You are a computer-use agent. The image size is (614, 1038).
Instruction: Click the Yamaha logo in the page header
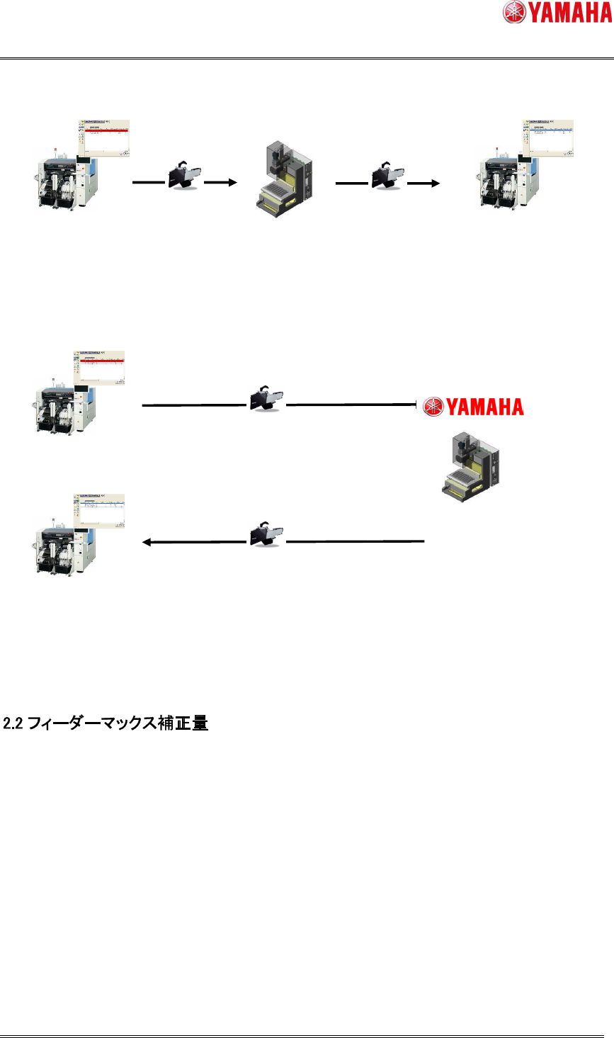[x=557, y=13]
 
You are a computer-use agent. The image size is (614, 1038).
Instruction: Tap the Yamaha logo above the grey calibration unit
[x=473, y=407]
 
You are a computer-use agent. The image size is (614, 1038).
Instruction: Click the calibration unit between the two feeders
[x=283, y=176]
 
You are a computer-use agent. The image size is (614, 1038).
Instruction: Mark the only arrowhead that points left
[x=147, y=542]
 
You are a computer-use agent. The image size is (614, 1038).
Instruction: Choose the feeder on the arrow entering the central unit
[x=185, y=174]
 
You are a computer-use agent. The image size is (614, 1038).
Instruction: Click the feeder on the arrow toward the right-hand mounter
[x=389, y=174]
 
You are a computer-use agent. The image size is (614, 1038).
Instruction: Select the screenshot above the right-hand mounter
[x=548, y=138]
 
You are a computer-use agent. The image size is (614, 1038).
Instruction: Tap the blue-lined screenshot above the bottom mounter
[x=99, y=509]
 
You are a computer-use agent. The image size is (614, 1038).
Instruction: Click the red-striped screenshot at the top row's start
[x=104, y=138]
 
